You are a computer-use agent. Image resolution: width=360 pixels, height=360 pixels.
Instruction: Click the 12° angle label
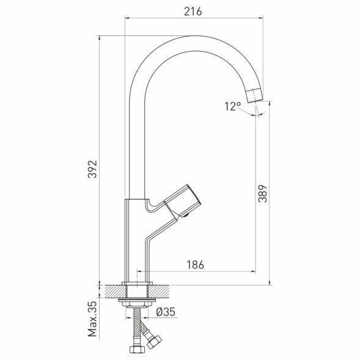[232, 106]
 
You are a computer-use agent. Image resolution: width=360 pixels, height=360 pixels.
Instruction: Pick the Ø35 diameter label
[166, 312]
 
